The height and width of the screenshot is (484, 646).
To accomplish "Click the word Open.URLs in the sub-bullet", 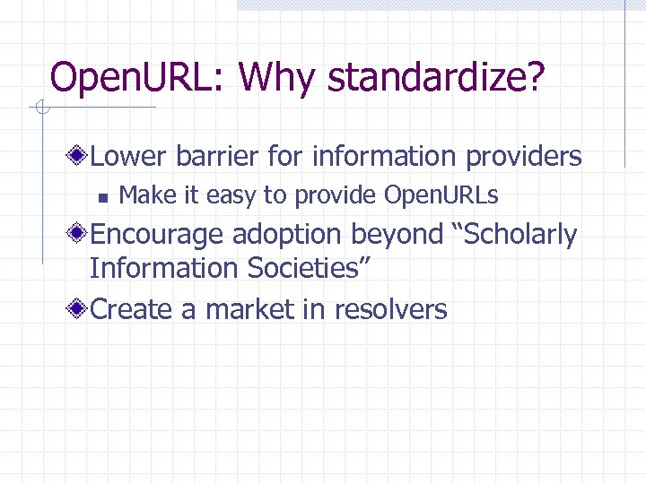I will point(441,195).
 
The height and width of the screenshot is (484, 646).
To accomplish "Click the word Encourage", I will point(158,235).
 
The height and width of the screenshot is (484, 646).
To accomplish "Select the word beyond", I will point(397,235).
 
